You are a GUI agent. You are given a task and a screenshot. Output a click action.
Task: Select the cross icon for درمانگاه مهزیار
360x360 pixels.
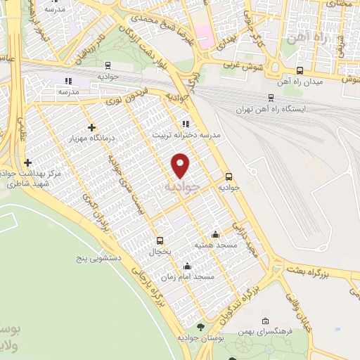(x=91, y=127)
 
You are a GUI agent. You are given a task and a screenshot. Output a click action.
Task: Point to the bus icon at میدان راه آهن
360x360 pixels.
(x=300, y=70)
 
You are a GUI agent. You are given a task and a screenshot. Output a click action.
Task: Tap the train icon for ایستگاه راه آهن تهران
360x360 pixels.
(x=271, y=99)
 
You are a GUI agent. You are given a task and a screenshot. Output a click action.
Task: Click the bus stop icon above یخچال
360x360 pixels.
(x=160, y=240)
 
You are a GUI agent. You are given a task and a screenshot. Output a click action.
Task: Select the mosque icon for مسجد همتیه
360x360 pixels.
(x=215, y=234)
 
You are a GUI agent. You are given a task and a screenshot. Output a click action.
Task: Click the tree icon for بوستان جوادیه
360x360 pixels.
(x=201, y=326)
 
